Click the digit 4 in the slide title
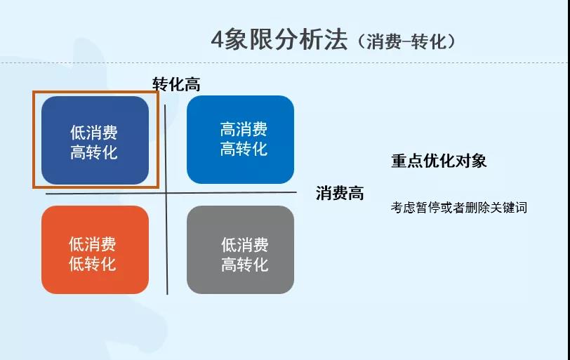[x=218, y=40]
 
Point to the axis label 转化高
[x=177, y=84]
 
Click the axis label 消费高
[x=340, y=194]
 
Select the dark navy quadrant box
[x=95, y=140]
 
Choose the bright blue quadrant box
[x=240, y=140]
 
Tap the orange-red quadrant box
[x=95, y=250]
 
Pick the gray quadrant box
[x=240, y=250]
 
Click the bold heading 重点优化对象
[x=439, y=161]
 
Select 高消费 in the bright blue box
[x=244, y=129]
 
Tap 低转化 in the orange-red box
[x=93, y=264]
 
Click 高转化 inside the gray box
[x=245, y=265]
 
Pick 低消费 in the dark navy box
[x=94, y=132]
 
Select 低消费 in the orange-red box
[x=93, y=244]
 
